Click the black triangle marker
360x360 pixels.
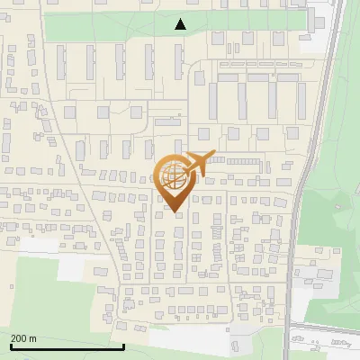(x=181, y=24)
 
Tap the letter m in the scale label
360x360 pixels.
(x=34, y=338)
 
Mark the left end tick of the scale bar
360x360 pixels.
(x=10, y=345)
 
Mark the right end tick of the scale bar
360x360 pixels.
(x=123, y=345)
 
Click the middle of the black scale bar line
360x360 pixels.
(x=67, y=346)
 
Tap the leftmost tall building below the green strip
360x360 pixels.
(x=62, y=62)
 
